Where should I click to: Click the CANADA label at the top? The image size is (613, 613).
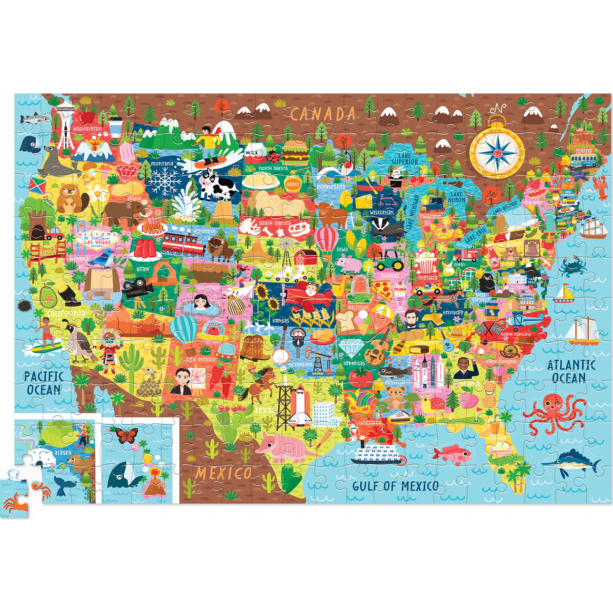(323, 114)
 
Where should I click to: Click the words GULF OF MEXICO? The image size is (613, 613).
(395, 486)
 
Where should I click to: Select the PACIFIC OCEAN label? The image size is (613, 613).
(43, 383)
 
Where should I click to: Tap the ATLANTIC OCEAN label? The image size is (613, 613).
(570, 371)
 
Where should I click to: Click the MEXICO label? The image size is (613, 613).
(224, 473)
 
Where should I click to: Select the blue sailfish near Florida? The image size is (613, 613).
(572, 462)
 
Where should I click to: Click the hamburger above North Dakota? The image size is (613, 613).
(295, 151)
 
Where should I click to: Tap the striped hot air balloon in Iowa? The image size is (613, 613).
(327, 240)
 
